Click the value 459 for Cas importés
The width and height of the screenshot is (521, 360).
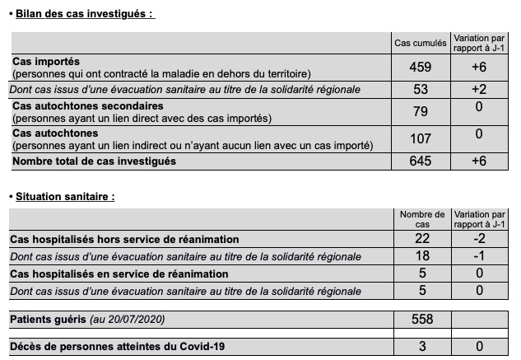click(x=420, y=68)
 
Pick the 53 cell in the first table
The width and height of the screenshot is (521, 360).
click(x=420, y=89)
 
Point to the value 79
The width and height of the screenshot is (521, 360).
click(x=420, y=111)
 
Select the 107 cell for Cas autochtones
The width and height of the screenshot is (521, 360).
click(x=420, y=139)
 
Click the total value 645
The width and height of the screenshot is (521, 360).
click(x=420, y=161)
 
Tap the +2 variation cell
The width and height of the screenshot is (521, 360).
click(x=479, y=89)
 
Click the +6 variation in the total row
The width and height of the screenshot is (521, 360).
click(x=479, y=161)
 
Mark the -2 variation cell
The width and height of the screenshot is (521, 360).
click(x=479, y=239)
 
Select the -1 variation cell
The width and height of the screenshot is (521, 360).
click(x=479, y=256)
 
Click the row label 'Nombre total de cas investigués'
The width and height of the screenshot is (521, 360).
click(x=95, y=161)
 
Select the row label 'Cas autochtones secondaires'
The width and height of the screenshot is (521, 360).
click(x=88, y=105)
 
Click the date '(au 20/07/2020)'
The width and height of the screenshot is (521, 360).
click(x=121, y=319)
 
